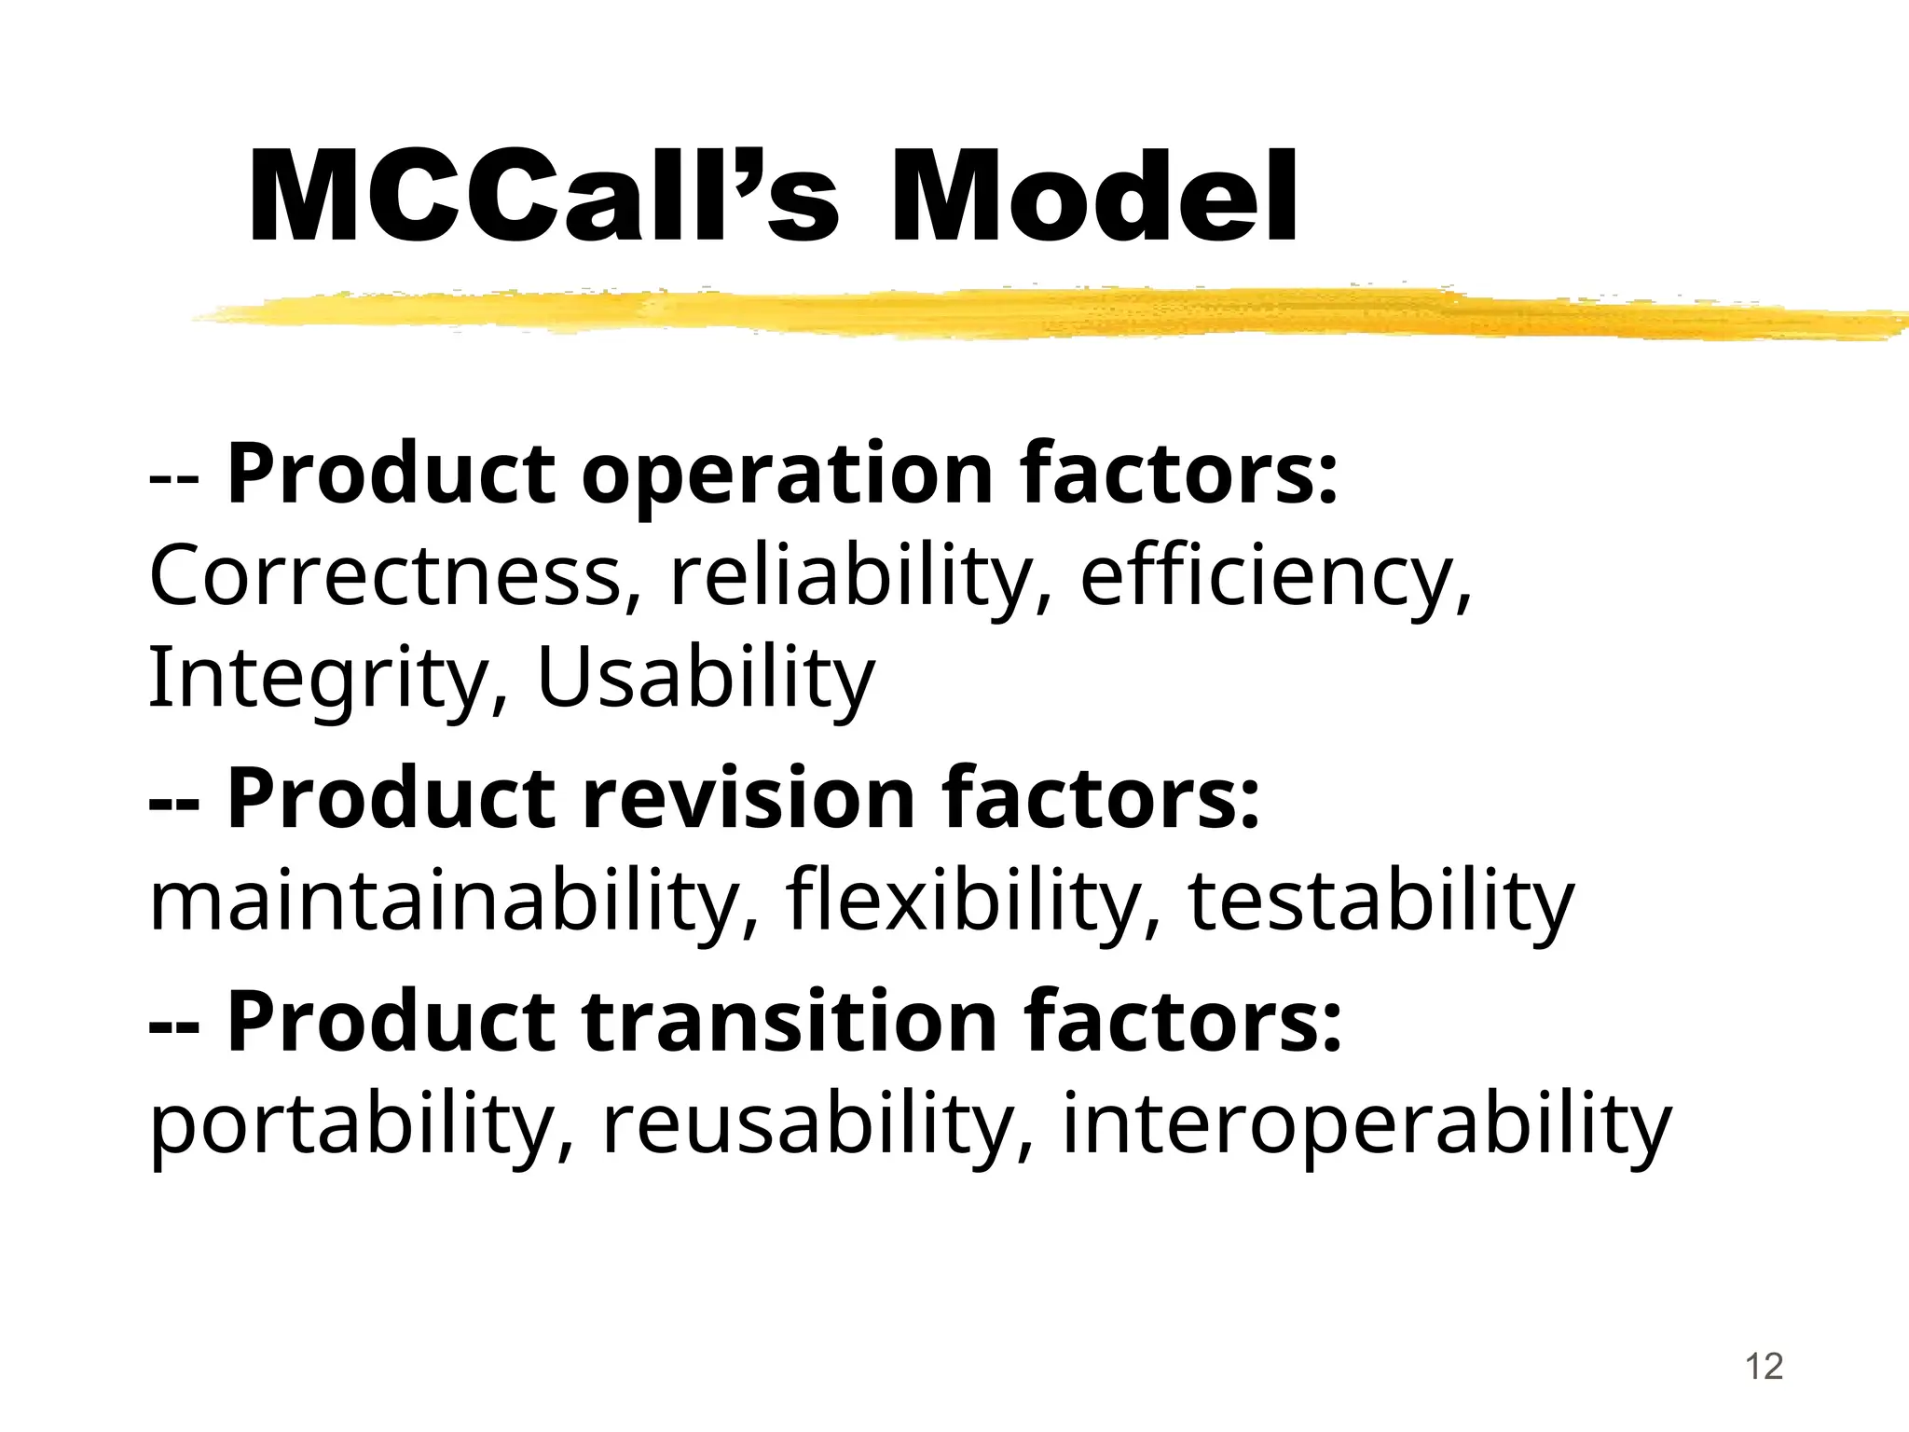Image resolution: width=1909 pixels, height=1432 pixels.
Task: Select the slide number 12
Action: (x=1763, y=1367)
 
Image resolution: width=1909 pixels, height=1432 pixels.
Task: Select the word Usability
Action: (x=707, y=678)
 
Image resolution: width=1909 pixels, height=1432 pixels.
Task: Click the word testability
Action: (x=1380, y=901)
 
